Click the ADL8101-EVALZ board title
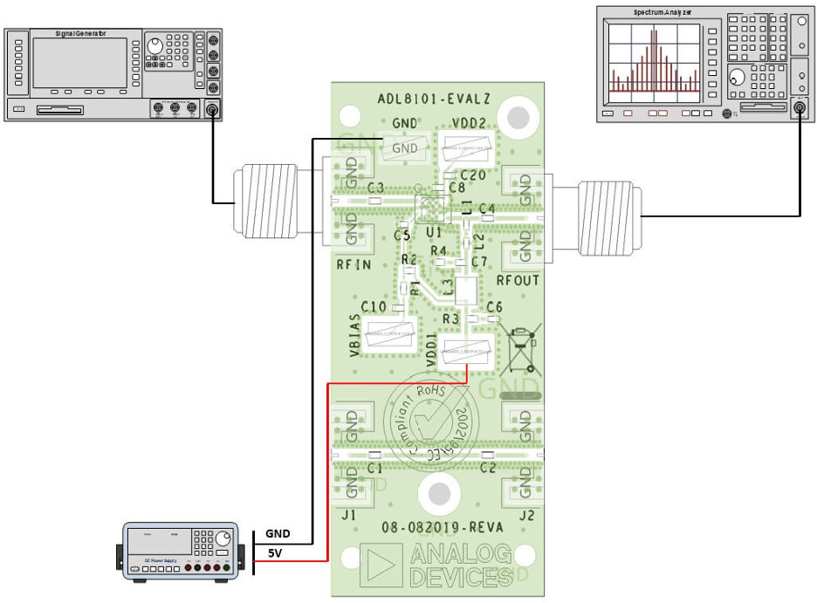coord(439,99)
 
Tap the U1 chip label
coord(434,232)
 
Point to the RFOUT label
coord(518,280)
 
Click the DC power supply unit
coord(180,552)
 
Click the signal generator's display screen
coord(79,62)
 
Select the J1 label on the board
coord(349,515)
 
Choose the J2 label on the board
coord(526,515)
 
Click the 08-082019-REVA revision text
coord(438,528)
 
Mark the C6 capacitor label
coord(494,307)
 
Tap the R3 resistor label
coord(450,319)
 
